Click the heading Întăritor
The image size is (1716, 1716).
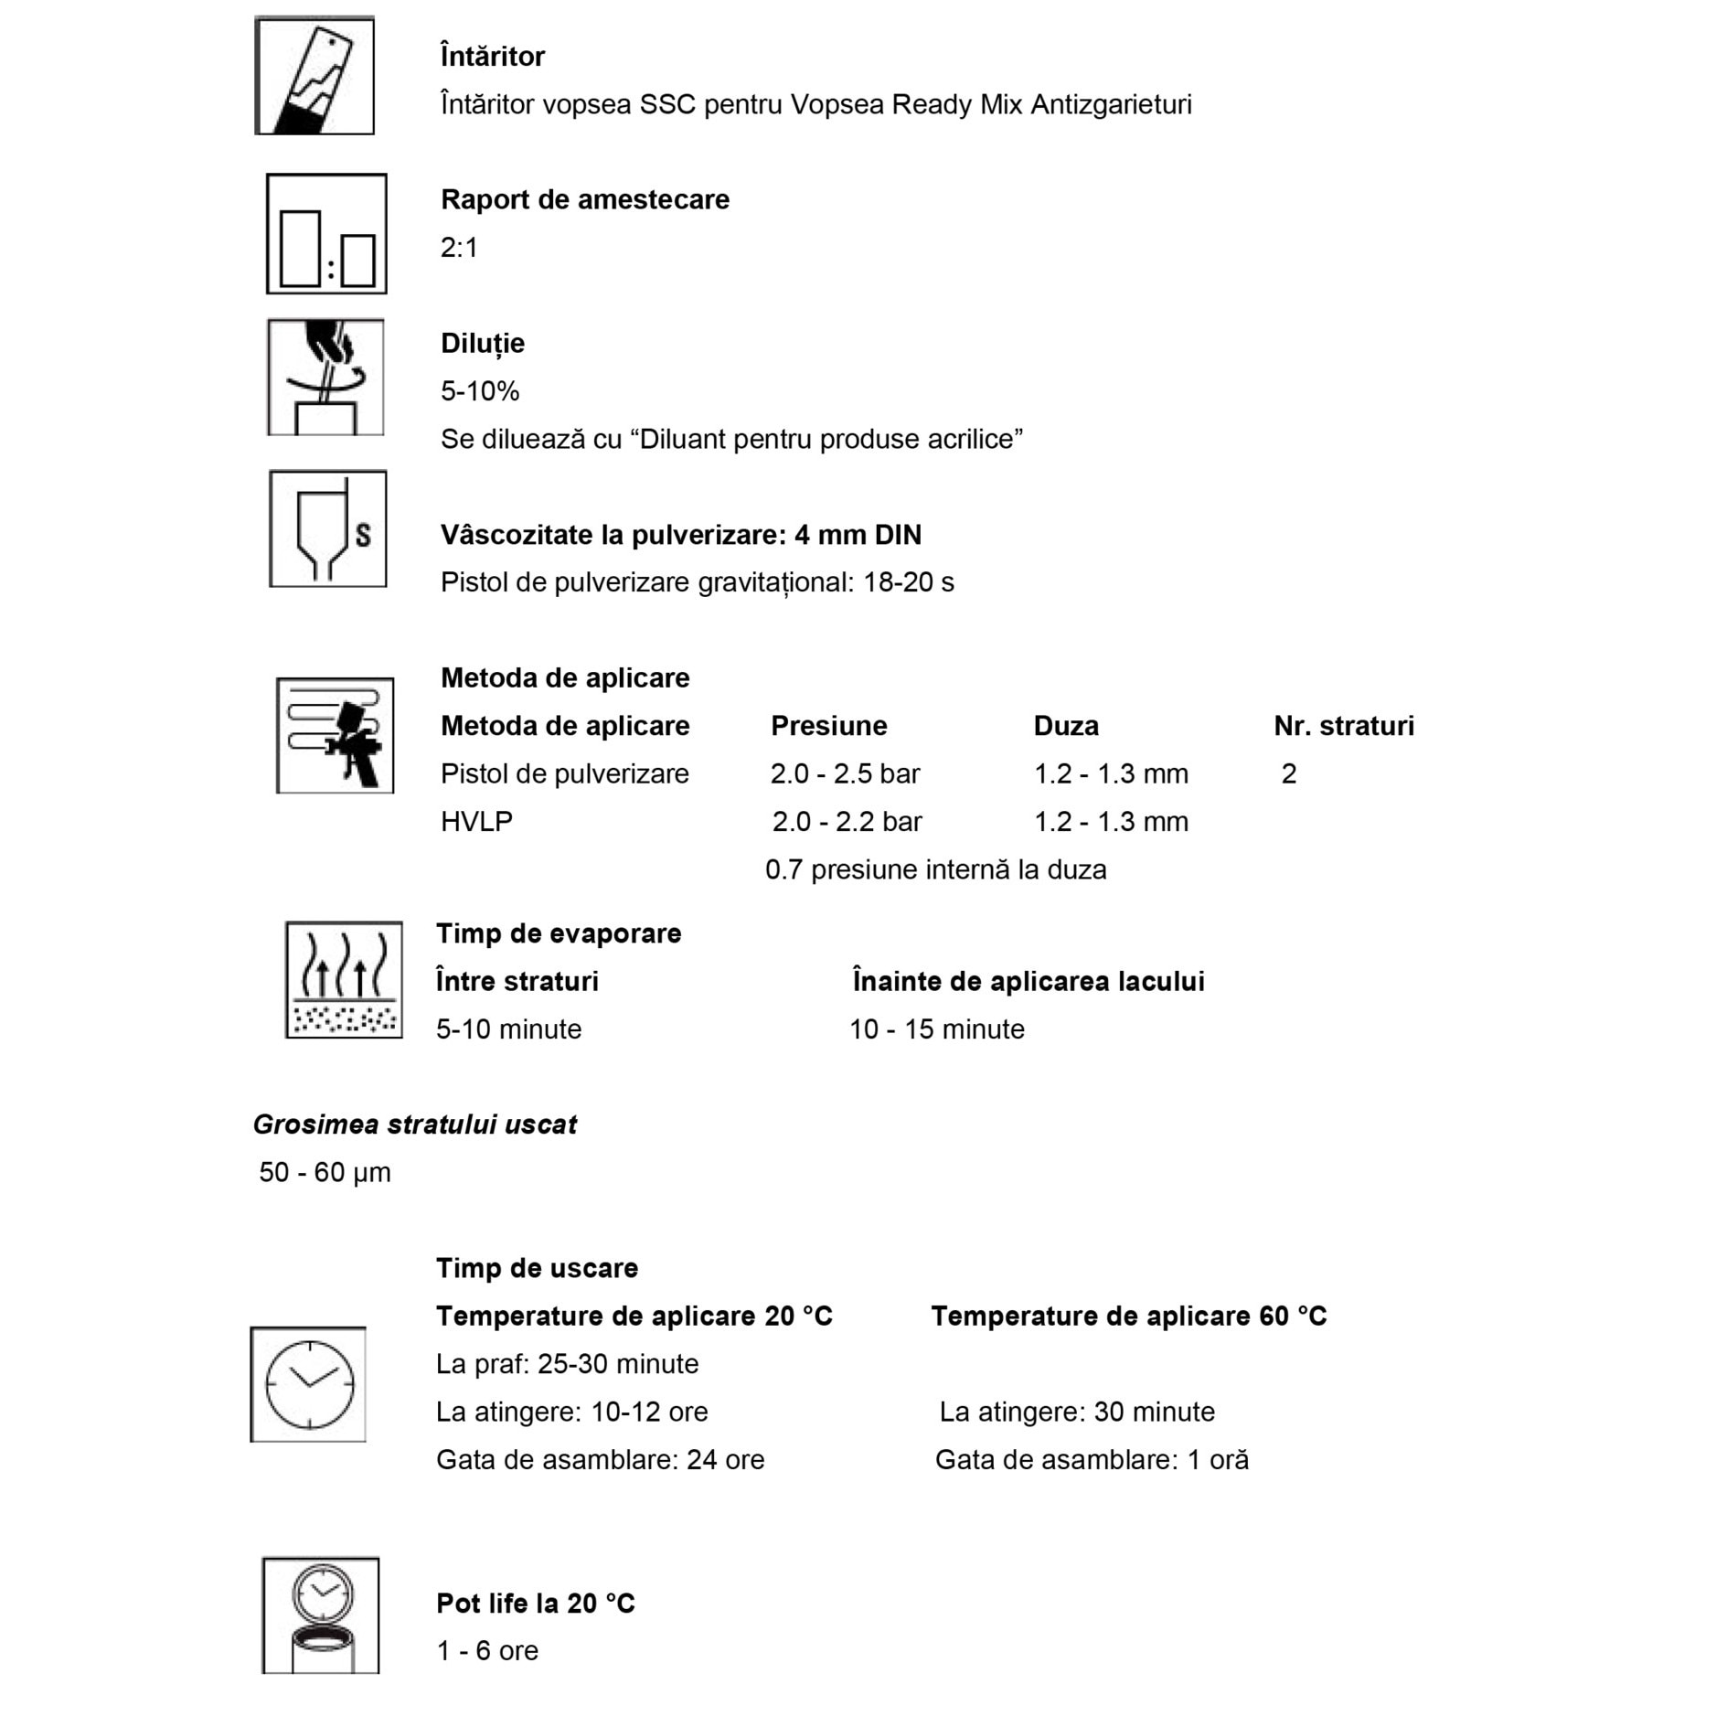[492, 57]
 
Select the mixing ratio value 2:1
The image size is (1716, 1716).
[459, 248]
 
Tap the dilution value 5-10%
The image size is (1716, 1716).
[480, 391]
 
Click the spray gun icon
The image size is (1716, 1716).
[335, 735]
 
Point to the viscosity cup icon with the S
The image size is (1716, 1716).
[327, 528]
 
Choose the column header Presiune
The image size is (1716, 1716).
[828, 726]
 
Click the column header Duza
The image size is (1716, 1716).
[1066, 726]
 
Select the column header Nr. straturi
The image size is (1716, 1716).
[1343, 726]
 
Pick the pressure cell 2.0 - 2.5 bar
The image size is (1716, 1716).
[845, 773]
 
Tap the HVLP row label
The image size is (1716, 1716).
[476, 822]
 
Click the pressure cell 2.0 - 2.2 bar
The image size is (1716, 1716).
[847, 822]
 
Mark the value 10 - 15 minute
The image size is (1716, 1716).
[937, 1029]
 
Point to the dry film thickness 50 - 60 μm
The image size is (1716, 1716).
[325, 1173]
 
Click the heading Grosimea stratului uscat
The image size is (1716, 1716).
[414, 1124]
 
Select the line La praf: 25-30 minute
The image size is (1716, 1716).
[567, 1364]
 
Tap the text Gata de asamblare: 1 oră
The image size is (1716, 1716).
[1092, 1460]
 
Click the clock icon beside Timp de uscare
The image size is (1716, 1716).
[308, 1384]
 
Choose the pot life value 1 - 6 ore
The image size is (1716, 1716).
[487, 1651]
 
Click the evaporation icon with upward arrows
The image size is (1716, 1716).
[344, 979]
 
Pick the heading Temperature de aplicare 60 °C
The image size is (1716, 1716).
[1128, 1316]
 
